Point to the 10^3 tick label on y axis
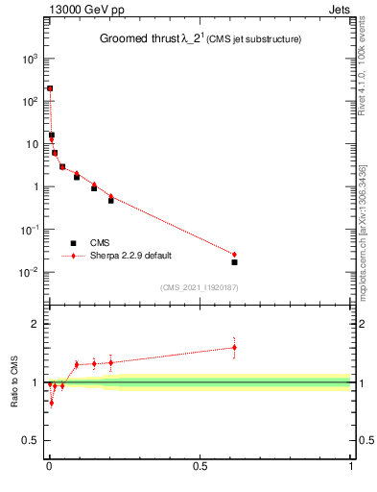[x=28, y=59]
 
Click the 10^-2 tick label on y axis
[x=28, y=273]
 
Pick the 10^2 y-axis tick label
[x=28, y=102]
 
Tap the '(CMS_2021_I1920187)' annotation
[x=200, y=287]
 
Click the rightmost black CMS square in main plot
[x=234, y=261]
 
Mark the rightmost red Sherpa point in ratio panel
[x=234, y=348]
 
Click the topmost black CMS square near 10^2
[x=50, y=88]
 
